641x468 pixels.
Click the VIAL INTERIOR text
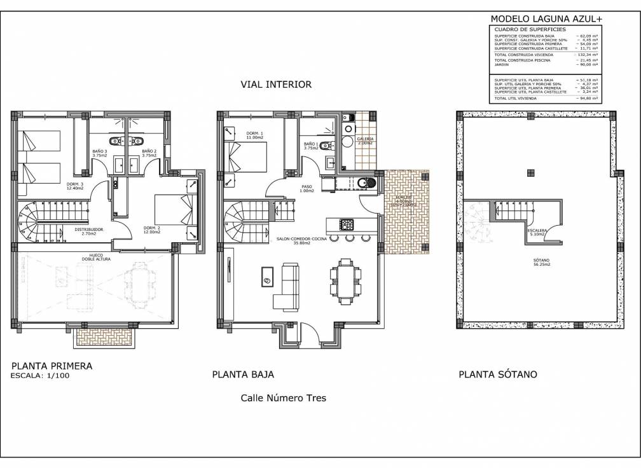[x=275, y=84]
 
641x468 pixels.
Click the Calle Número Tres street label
[x=283, y=398]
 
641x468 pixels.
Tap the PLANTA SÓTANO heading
[x=497, y=374]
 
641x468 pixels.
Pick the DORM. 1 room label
[x=254, y=135]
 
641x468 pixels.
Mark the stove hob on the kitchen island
[x=348, y=224]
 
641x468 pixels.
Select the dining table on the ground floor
[x=346, y=279]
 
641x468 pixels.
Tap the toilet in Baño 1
[x=326, y=146]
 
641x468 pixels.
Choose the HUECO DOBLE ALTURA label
[x=96, y=258]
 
